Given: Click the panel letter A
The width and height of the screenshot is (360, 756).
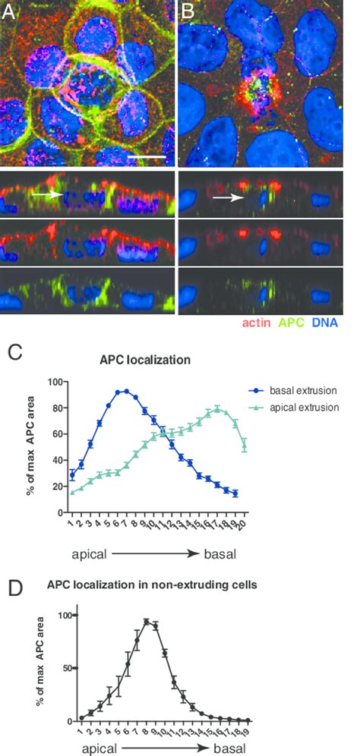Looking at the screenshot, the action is click(8, 11).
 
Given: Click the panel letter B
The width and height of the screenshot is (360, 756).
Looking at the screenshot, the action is click(187, 11).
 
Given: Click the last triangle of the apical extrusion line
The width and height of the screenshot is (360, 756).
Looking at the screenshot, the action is click(245, 445).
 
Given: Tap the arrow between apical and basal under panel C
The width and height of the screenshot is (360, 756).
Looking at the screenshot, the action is click(156, 554).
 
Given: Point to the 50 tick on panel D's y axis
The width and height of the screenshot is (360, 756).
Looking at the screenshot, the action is click(67, 668).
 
